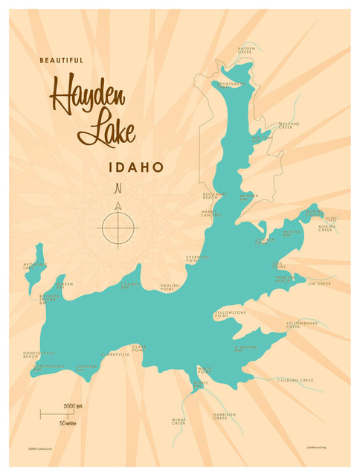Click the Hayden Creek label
point(246,51)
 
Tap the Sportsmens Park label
point(228,85)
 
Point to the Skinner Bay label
point(248,198)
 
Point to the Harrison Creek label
point(224,416)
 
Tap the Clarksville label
point(115,355)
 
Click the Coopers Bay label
point(87,367)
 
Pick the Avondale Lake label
point(34,266)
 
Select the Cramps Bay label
point(130,286)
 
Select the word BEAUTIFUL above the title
point(62,60)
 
